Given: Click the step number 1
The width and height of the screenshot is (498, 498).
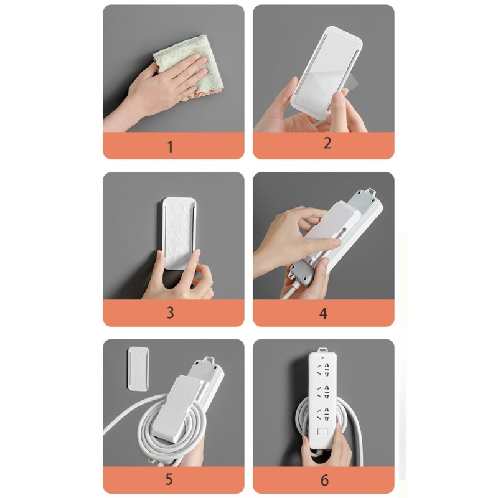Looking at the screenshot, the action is [170, 147].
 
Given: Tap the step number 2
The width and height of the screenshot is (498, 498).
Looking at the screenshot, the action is [327, 143].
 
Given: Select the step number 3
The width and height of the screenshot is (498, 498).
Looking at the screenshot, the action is [170, 313].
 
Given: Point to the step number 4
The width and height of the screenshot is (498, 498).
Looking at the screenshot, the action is [323, 314].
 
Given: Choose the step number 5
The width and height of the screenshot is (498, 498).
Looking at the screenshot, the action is [169, 479].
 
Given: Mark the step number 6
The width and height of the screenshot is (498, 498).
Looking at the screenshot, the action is [324, 480].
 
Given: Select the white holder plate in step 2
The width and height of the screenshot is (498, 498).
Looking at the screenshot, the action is [326, 72].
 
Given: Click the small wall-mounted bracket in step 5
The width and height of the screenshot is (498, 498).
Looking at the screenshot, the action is [138, 369].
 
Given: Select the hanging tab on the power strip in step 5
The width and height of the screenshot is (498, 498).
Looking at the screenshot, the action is [210, 359].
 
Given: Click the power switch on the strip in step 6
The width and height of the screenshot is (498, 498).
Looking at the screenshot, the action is [322, 431].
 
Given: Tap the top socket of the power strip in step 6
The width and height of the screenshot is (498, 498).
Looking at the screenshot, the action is [324, 369].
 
